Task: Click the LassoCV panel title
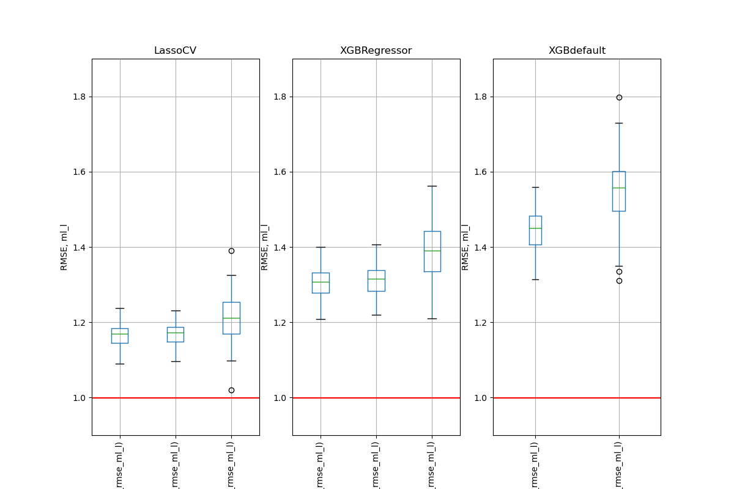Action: click(x=175, y=51)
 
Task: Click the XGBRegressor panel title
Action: click(x=376, y=51)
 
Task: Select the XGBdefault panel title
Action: click(x=577, y=51)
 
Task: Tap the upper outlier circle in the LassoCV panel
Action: click(x=231, y=251)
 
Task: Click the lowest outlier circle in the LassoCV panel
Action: click(x=231, y=390)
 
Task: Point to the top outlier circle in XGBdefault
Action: click(x=619, y=97)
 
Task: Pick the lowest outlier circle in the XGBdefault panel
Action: click(x=619, y=281)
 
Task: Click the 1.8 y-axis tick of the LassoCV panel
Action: click(x=80, y=97)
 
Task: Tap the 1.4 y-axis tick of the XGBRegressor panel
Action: click(x=281, y=248)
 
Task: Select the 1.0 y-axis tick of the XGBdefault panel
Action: click(x=481, y=398)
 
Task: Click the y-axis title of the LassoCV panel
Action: click(x=64, y=247)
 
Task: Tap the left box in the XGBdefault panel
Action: click(x=535, y=230)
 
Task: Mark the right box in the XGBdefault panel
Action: click(x=619, y=191)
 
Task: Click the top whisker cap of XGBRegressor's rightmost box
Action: click(x=432, y=186)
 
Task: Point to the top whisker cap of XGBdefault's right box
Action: click(x=619, y=123)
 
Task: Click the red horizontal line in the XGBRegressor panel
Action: click(x=376, y=398)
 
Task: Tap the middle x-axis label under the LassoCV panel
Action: click(x=176, y=465)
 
